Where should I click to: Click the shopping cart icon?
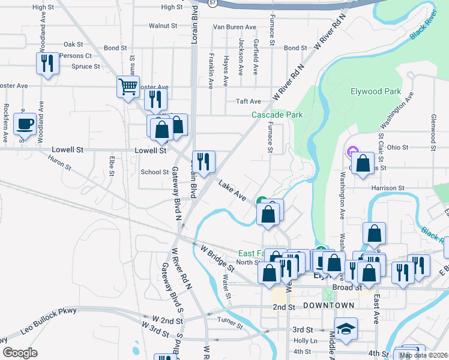click(128, 87)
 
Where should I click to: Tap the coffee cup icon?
click(25, 124)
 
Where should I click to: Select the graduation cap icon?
click(346, 329)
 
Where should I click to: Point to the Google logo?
click(20, 353)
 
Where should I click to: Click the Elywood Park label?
click(375, 92)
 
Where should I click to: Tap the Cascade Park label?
click(277, 115)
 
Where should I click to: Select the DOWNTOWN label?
click(328, 305)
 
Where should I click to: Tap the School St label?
click(154, 172)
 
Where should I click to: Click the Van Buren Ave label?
click(235, 27)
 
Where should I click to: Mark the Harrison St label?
click(388, 188)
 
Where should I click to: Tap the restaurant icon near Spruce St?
click(47, 63)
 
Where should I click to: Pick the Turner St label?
click(230, 323)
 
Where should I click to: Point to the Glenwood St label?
click(432, 133)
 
